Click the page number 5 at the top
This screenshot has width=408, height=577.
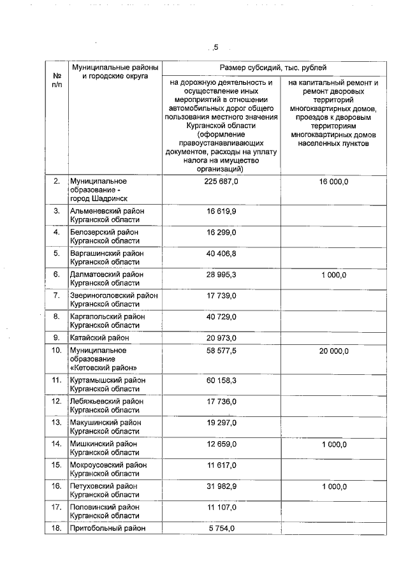215,47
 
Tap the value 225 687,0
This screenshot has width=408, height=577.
221,182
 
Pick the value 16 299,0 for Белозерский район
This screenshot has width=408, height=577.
221,232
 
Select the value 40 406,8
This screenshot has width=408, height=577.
221,253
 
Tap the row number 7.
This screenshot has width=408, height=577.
56,295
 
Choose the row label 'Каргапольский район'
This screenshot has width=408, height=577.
108,316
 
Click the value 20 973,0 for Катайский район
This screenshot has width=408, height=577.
221,337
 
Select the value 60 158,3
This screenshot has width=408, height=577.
221,381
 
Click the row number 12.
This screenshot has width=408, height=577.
56,402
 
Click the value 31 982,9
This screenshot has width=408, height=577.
221,486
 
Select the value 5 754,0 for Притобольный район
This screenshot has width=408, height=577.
221,529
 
